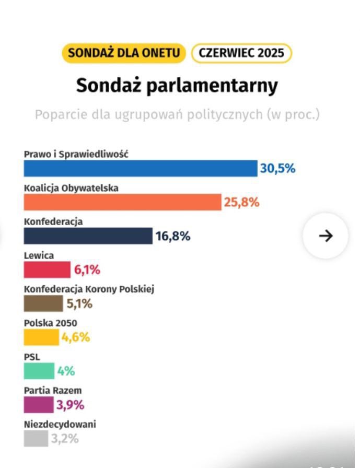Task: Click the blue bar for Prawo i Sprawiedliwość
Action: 141,168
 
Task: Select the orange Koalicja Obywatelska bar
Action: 123,202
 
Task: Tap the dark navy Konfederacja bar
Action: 88,236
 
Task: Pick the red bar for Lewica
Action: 47,270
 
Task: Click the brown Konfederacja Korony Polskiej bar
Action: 43,303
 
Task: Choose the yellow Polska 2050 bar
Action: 41,337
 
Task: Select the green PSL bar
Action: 39,371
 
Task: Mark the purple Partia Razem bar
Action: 39,405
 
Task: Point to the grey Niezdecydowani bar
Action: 36,439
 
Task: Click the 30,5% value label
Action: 278,169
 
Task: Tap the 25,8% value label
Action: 241,202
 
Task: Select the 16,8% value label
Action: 173,236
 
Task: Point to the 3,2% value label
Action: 64,439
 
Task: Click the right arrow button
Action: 326,236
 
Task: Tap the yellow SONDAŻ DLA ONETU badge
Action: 123,53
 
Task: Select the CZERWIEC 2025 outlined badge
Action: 241,53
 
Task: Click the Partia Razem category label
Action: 53,390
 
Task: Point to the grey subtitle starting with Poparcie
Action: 177,114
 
